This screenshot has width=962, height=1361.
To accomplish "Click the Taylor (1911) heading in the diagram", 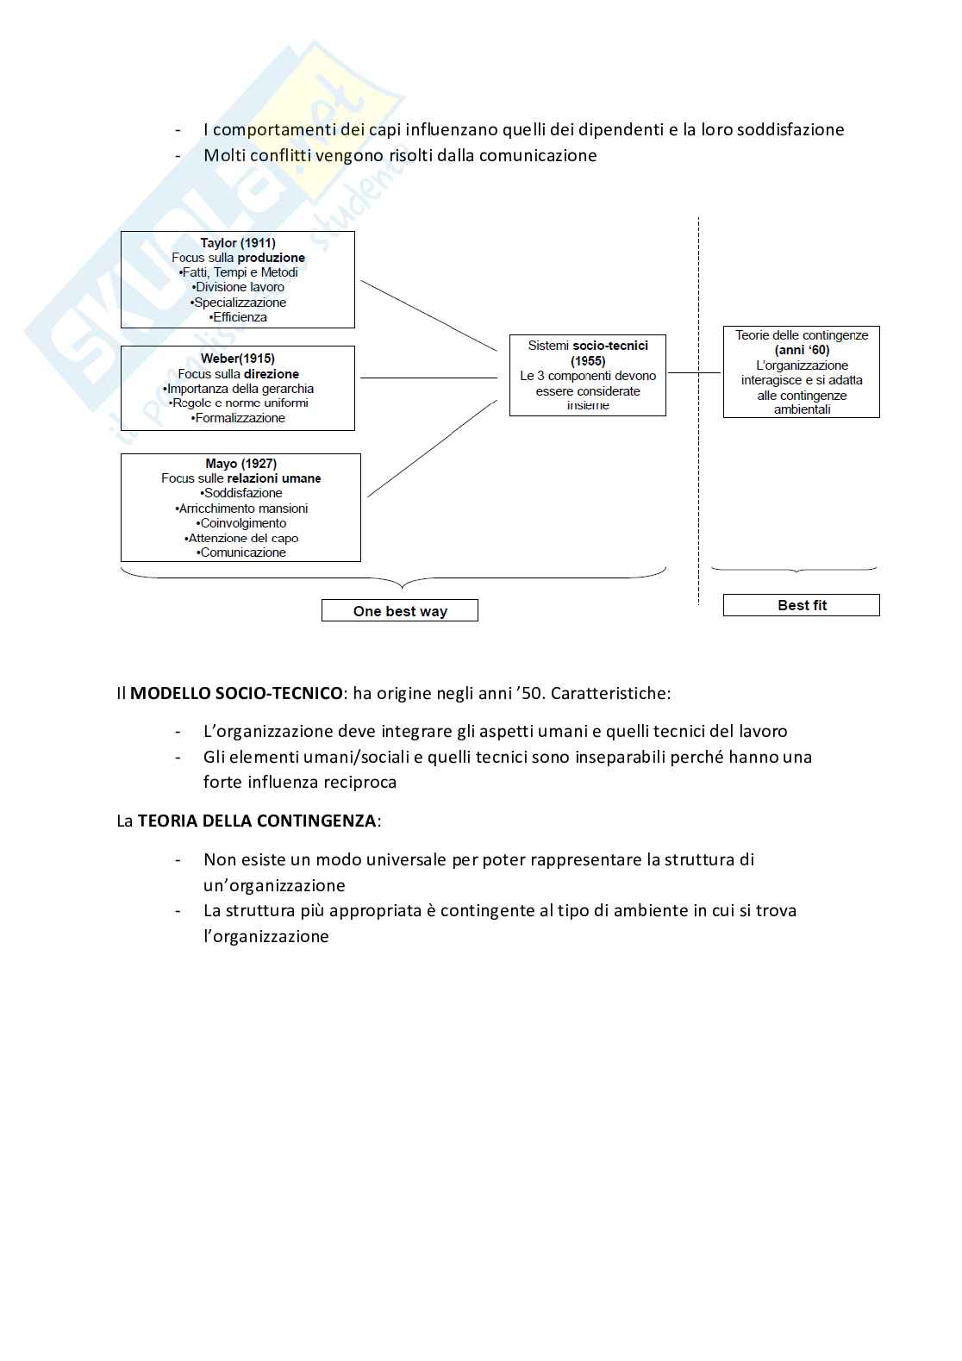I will click(238, 243).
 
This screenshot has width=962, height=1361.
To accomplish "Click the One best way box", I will click(400, 611).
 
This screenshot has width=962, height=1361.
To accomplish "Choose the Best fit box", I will click(802, 605).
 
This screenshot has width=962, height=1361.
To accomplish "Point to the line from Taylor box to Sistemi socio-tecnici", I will click(428, 315).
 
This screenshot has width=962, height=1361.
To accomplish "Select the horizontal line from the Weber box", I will click(428, 378).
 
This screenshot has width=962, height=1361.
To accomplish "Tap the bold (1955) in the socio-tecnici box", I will click(588, 361).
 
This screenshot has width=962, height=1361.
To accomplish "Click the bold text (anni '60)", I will click(802, 350).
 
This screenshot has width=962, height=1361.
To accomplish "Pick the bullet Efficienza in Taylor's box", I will click(239, 317).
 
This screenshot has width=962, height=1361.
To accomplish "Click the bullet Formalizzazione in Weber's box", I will click(239, 418).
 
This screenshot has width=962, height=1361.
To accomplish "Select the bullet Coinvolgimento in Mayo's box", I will click(241, 523).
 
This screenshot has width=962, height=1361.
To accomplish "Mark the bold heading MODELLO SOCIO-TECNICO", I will click(235, 693).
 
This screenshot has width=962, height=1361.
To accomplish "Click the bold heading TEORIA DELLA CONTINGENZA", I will click(256, 821).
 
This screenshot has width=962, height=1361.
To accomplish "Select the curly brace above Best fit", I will click(794, 570).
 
